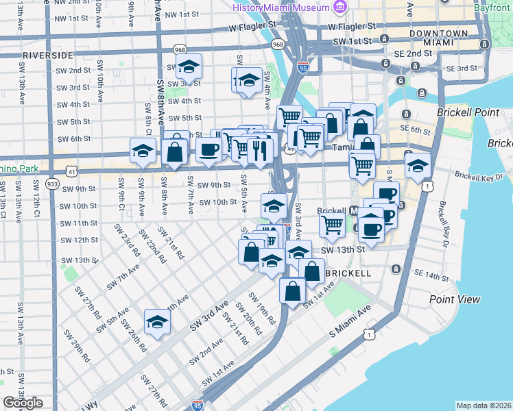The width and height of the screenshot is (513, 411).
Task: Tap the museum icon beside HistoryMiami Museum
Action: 339,7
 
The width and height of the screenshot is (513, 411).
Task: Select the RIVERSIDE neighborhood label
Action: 47,54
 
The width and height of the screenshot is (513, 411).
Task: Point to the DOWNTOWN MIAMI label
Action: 438,38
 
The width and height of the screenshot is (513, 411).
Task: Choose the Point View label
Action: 455,299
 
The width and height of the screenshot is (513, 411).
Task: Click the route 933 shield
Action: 52,184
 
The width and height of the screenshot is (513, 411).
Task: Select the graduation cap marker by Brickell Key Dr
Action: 417,165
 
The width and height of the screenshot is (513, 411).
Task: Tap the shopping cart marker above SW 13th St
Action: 333,223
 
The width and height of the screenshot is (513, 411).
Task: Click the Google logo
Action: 23,403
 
